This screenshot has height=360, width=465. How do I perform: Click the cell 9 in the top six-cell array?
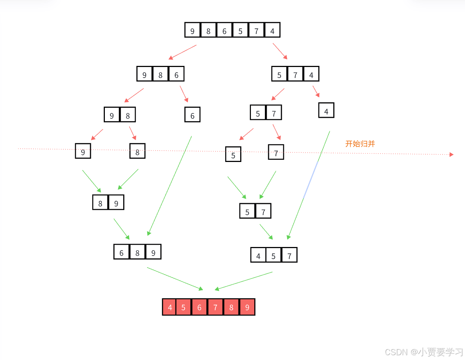coord(192,30)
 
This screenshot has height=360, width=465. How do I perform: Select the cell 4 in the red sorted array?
coord(170,307)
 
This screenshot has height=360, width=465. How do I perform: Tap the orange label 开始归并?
coord(360,144)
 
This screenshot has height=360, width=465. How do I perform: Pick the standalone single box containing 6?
coord(192,115)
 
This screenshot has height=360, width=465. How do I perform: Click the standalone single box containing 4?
coord(326,110)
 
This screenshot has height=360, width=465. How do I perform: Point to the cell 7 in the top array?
coord(256,30)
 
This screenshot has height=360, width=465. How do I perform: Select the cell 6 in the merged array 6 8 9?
coord(121,252)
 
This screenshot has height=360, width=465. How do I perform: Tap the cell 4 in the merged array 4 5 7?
coord(258,255)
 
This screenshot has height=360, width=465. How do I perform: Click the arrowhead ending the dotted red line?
coord(452,155)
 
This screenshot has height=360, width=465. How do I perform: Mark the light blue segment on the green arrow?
coord(310,180)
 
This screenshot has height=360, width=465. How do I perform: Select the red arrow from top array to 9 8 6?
coord(182,52)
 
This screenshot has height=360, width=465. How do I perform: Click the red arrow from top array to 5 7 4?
coord(280,51)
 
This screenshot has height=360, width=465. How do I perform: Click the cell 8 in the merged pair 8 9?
coord(100,202)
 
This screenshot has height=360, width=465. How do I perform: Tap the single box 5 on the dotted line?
coord(233,155)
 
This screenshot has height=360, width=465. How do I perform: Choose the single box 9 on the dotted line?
coord(83,151)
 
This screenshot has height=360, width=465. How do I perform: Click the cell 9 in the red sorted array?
coord(247,307)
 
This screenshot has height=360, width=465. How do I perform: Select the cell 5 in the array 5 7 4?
coord(279,74)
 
